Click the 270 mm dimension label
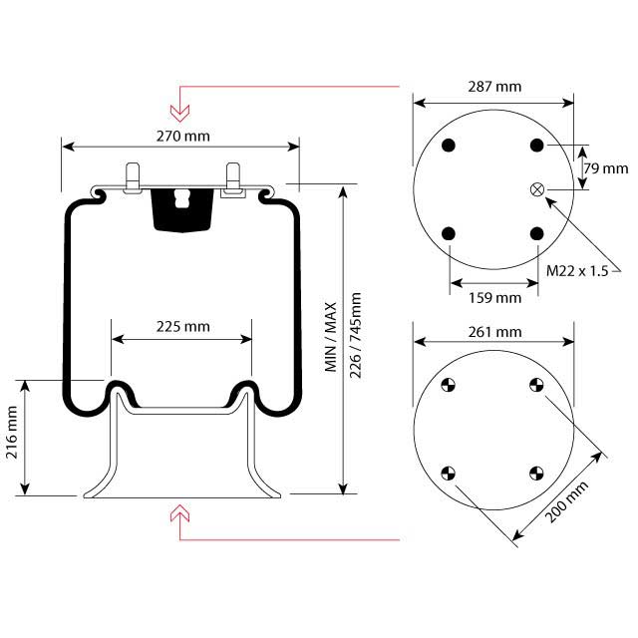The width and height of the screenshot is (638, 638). click(181, 136)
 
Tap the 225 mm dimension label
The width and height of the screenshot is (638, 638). click(182, 326)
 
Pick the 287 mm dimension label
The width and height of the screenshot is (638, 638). click(494, 88)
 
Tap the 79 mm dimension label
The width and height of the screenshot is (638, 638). click(604, 168)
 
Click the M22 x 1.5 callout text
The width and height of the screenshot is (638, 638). click(578, 271)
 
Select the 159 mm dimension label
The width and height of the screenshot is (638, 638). click(494, 297)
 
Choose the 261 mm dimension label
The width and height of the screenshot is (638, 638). click(494, 332)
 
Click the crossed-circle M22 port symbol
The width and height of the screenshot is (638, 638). click(538, 189)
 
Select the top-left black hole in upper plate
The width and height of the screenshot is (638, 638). click(450, 146)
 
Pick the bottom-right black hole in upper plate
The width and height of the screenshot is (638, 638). click(538, 233)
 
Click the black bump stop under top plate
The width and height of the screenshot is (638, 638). click(180, 207)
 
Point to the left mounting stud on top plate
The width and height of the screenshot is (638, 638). click(133, 177)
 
